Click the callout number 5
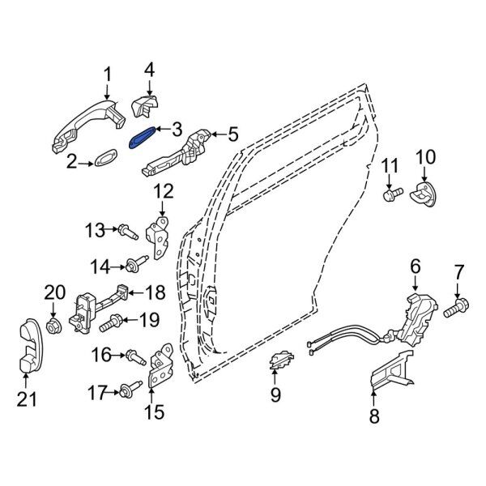click(232, 134)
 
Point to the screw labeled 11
click(393, 194)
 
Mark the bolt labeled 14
click(131, 265)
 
